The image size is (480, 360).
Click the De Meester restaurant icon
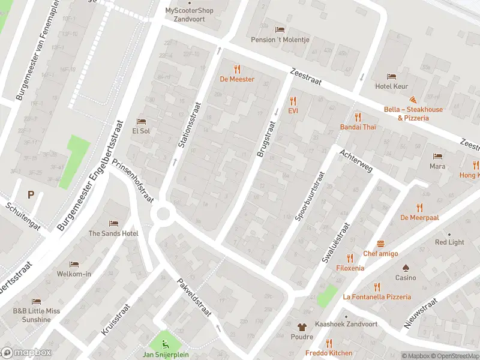[237, 69]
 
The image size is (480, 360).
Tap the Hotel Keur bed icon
[391, 76]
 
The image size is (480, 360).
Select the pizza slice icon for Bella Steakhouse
[413, 100]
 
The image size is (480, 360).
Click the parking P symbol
[31, 194]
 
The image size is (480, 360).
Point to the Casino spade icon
[405, 268]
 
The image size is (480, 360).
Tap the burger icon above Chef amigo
[380, 244]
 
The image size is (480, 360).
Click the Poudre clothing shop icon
[302, 327]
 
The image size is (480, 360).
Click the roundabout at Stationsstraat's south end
[162, 214]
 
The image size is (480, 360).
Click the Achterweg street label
[356, 161]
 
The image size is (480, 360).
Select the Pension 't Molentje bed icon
[279, 29]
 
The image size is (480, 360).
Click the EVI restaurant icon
[293, 101]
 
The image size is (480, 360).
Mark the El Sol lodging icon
[141, 121]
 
